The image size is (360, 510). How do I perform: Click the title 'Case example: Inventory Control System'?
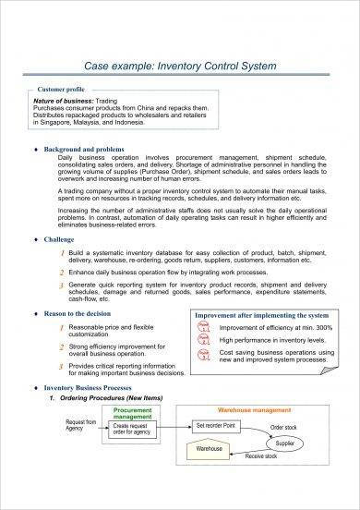[179, 66]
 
